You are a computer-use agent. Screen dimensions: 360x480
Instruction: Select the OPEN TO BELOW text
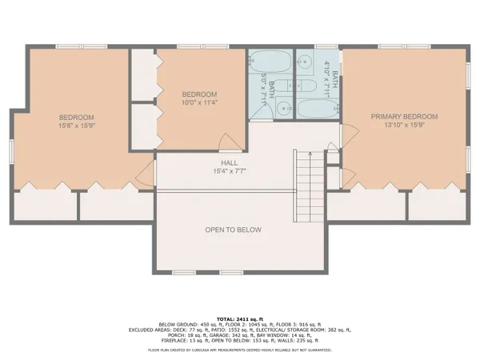pos(234,230)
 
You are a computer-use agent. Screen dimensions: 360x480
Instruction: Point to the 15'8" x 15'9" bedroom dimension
pos(76,126)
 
